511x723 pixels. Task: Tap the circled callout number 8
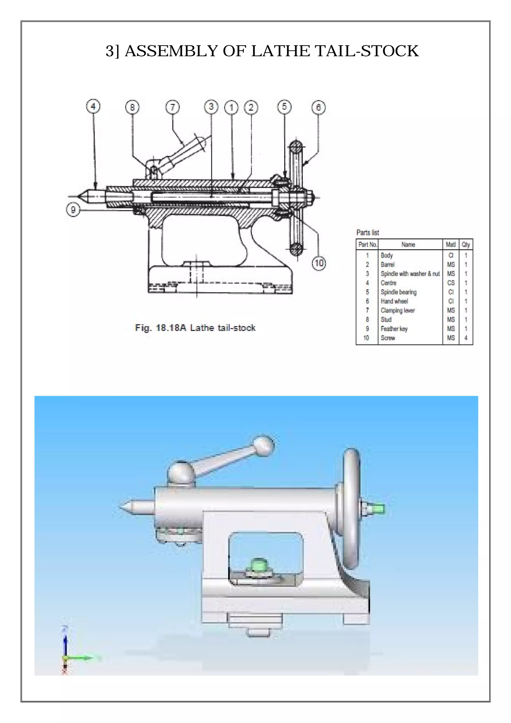coord(132,107)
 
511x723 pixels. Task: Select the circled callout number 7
coord(172,107)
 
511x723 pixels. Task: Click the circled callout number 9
coord(73,209)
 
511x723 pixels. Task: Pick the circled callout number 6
coord(318,107)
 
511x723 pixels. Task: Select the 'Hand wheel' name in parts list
coord(394,301)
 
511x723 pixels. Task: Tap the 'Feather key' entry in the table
coord(394,329)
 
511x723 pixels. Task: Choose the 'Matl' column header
coord(451,244)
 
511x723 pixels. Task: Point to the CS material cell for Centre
coord(451,283)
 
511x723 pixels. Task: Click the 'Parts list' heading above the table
coord(368,232)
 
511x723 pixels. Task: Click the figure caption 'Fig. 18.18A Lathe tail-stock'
coord(195,328)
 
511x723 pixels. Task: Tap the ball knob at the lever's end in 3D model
coord(264,446)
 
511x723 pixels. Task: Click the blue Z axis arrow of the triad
coord(65,642)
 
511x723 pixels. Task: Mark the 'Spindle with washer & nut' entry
coord(410,274)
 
